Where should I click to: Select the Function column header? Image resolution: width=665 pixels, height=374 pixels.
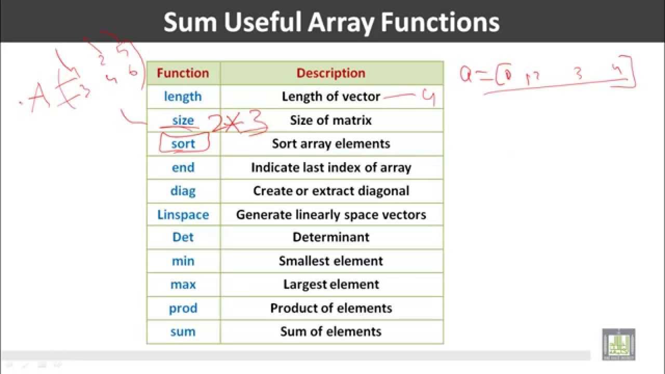[183, 73]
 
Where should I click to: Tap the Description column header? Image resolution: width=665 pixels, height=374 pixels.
[331, 73]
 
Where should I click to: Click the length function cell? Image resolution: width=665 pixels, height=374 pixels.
[183, 97]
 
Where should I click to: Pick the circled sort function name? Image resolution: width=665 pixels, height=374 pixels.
[183, 144]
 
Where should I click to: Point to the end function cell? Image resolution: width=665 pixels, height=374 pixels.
[183, 167]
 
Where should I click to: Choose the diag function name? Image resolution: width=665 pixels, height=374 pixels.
[183, 191]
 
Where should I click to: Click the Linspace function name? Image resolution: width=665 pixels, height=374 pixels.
[183, 215]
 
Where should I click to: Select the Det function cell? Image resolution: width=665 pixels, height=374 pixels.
[183, 237]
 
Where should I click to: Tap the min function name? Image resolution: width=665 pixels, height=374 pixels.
[183, 261]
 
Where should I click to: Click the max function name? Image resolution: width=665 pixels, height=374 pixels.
[183, 284]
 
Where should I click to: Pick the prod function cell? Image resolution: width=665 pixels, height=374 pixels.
[183, 308]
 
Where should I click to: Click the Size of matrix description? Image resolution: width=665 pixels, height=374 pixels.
[331, 121]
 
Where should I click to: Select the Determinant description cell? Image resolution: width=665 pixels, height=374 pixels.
[331, 237]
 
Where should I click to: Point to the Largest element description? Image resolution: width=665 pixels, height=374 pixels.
[331, 284]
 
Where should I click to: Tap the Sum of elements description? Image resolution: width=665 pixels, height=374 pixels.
[331, 331]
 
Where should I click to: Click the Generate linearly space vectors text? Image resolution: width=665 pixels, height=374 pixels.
[331, 215]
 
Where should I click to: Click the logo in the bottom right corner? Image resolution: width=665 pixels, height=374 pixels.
[618, 344]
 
